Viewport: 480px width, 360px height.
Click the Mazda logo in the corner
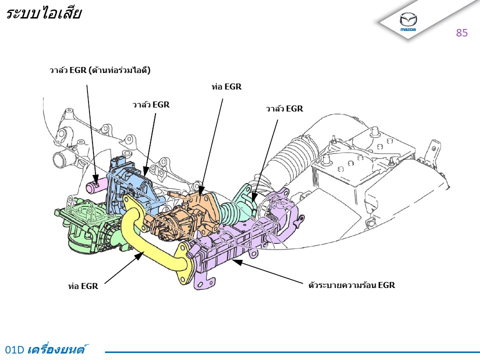point(408,21)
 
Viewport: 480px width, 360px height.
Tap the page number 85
point(461,33)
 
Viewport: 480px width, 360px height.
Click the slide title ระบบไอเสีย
point(43,13)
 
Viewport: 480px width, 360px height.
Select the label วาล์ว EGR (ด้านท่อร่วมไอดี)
point(100,70)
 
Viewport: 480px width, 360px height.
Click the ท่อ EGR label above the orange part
point(226,86)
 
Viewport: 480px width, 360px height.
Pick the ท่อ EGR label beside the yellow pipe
point(83,286)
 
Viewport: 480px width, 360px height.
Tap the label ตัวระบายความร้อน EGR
point(351,285)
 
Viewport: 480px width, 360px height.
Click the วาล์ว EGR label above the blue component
point(151,104)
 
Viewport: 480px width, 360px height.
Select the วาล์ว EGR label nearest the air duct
point(284,108)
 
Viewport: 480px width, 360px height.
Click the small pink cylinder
point(95,186)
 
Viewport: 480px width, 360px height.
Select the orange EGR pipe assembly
point(183,214)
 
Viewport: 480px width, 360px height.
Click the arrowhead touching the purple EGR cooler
point(237,262)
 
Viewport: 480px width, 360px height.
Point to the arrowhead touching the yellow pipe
point(139,255)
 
